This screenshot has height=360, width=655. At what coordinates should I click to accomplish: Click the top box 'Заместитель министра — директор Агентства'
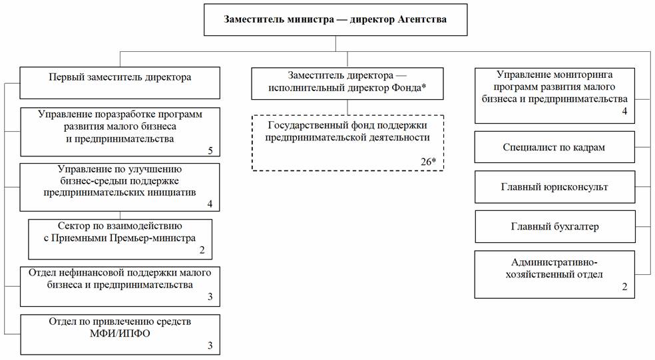335,19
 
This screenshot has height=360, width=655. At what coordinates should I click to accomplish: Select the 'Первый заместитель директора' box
120,83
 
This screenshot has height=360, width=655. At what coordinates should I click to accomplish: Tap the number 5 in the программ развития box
210,150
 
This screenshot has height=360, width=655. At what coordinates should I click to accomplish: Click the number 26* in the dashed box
428,161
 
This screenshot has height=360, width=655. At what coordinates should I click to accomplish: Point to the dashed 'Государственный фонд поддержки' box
347,143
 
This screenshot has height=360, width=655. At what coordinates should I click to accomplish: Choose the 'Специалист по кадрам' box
554,147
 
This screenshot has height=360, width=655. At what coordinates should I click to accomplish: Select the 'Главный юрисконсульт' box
554,187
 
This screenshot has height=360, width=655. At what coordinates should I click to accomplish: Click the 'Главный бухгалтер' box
555,226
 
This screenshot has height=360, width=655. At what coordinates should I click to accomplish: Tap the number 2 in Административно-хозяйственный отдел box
624,287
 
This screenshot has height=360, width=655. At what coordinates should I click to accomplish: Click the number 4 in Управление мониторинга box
624,111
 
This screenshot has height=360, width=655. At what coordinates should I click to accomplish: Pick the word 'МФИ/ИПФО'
120,333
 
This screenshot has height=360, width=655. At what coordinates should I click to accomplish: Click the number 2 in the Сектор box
202,250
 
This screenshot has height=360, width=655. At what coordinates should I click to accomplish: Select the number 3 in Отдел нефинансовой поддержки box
210,297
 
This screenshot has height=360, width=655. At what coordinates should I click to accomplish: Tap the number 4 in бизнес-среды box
210,204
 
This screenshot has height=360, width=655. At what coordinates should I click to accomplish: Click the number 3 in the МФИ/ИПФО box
210,345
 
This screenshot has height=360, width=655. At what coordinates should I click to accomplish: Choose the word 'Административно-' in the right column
554,262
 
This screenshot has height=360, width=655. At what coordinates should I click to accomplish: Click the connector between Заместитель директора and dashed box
347,107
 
